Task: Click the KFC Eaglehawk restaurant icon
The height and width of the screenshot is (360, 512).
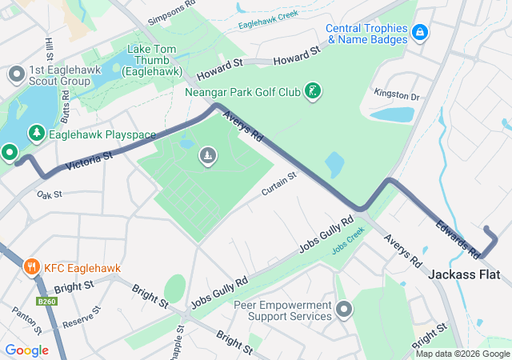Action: click(x=32, y=266)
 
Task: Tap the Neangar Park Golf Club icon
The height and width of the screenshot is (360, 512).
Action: click(x=314, y=91)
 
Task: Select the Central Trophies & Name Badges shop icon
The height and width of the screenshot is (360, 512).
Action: click(x=420, y=33)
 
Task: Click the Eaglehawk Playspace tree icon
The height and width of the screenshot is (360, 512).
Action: click(x=36, y=133)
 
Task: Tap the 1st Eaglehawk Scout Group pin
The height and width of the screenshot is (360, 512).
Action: click(x=15, y=74)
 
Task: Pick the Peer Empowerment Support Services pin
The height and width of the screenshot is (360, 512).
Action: click(x=344, y=309)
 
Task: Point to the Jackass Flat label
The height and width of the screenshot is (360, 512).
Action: click(x=464, y=274)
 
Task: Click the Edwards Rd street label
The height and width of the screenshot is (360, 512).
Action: click(x=458, y=239)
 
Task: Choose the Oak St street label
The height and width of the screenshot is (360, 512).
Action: click(x=49, y=194)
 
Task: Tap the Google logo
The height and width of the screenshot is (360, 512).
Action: click(x=26, y=350)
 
